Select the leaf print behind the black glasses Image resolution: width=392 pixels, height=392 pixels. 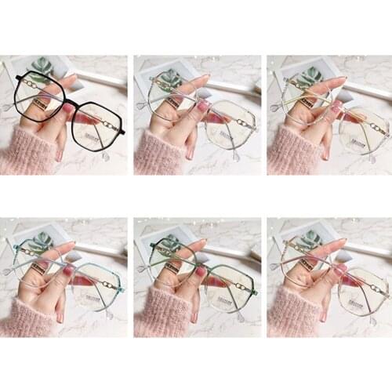(42, 66)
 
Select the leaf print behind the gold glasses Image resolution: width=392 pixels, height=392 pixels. (308, 77)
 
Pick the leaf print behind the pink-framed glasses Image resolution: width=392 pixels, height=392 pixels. (308, 239)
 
